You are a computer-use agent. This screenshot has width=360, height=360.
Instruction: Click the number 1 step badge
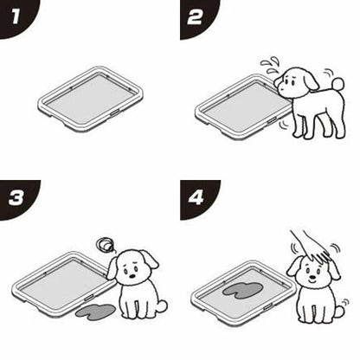point(16,17)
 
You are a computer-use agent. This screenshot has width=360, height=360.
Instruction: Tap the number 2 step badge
point(196,17)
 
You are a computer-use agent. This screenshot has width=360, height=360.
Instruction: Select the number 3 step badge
point(16,198)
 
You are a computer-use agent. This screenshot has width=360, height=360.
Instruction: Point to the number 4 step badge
point(196,198)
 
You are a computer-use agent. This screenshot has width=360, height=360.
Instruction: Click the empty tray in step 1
point(91,99)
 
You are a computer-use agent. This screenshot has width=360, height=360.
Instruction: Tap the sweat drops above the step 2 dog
point(270,66)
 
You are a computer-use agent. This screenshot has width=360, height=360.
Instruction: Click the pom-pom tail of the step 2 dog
point(337,84)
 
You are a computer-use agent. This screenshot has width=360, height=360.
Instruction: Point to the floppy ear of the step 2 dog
point(311,81)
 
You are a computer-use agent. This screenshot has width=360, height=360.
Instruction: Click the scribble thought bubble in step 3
point(105,245)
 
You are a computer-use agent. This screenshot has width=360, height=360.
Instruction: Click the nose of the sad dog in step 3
point(132,275)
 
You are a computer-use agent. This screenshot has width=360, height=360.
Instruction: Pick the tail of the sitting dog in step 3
point(163,305)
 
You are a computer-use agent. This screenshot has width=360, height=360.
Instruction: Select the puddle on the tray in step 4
point(242,290)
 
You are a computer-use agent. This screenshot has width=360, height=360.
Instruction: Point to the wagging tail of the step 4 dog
point(340,311)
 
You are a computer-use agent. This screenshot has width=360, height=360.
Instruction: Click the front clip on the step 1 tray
point(114,112)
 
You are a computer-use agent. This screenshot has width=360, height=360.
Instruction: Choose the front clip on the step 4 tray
point(268,306)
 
